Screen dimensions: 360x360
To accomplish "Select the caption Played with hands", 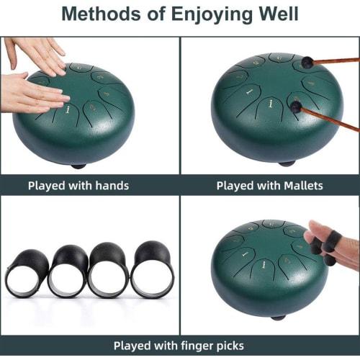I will (x=78, y=185).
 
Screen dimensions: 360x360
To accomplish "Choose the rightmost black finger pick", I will (x=152, y=269).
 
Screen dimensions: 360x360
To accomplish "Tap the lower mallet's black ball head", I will (x=296, y=107).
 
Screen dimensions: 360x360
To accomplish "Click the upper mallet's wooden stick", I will (x=336, y=61).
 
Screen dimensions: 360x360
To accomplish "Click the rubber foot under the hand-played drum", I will (x=78, y=166).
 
